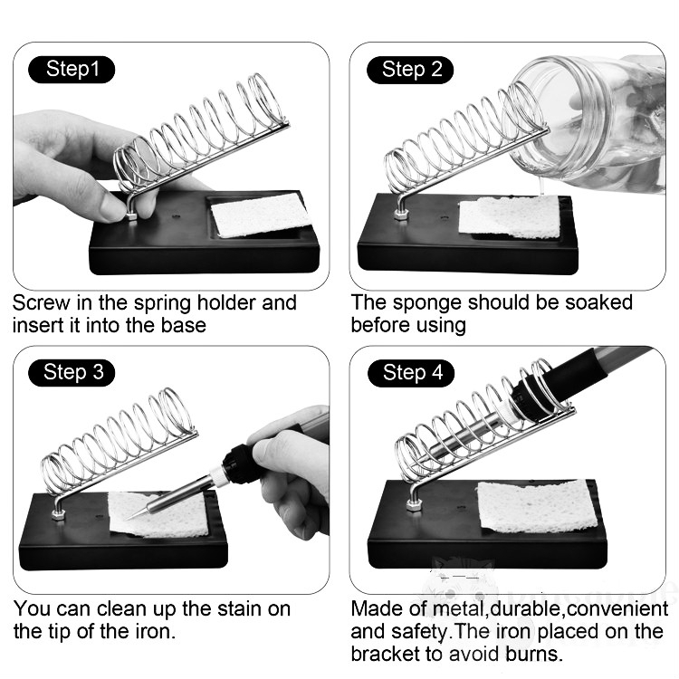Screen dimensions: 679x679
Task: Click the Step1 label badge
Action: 72,70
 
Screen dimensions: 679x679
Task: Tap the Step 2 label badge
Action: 410,70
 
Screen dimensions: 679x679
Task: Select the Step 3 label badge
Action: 72,372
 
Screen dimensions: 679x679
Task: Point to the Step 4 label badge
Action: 411,373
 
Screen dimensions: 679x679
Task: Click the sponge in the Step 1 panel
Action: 261,215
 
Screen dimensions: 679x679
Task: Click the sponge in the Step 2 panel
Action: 509,217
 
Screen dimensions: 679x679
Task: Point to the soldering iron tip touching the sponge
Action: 129,518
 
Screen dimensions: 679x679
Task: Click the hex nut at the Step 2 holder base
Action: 400,214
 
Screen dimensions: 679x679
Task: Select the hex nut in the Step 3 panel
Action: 59,514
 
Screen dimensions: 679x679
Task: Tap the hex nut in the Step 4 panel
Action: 414,505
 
